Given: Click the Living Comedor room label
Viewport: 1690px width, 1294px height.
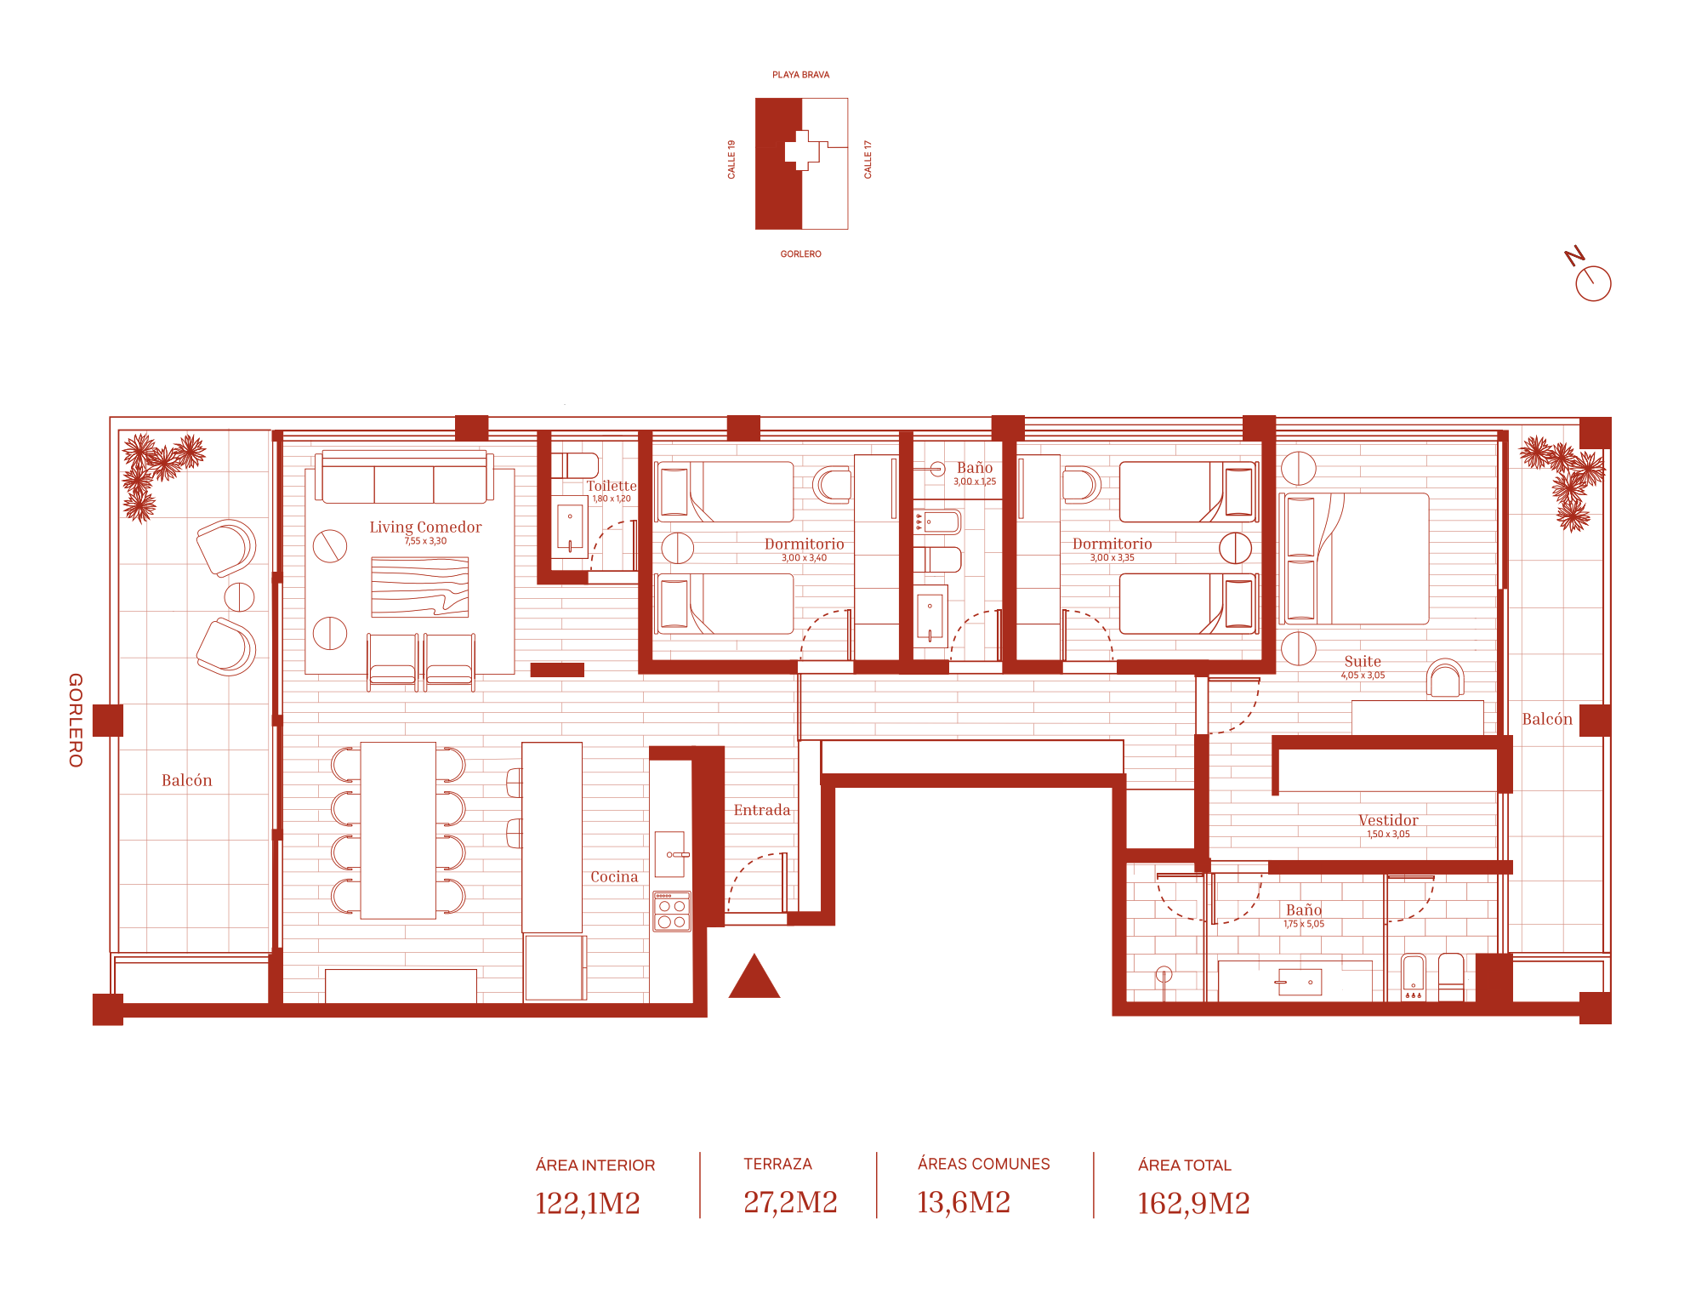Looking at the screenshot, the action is click(x=425, y=527).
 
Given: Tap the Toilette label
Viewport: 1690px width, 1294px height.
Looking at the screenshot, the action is click(x=612, y=486).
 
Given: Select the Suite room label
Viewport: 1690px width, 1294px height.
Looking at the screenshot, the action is click(x=1363, y=661).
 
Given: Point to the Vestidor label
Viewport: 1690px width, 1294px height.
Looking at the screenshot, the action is click(x=1388, y=820).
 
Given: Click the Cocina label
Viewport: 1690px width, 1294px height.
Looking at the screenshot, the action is click(x=614, y=876).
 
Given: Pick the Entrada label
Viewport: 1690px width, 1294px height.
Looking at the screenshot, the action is click(x=762, y=810).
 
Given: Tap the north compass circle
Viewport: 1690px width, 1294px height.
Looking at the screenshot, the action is click(x=1593, y=283).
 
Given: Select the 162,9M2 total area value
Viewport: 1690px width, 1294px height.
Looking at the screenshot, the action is click(x=1193, y=1203).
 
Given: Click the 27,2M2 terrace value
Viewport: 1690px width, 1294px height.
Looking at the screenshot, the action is click(x=790, y=1202).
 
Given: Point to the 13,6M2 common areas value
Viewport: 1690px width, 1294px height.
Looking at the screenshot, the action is click(x=964, y=1202).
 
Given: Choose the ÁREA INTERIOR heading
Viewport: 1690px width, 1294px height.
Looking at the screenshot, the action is click(x=595, y=1166).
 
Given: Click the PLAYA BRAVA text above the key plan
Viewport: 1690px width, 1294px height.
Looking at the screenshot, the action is click(x=801, y=75).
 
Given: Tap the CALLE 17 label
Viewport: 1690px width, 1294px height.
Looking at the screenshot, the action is click(x=868, y=159).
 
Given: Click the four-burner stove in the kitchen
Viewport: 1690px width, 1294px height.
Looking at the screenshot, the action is click(x=672, y=911).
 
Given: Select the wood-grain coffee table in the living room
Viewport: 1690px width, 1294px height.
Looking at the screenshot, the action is click(x=420, y=587).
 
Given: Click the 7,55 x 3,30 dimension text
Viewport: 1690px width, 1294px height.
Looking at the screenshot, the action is click(x=425, y=541).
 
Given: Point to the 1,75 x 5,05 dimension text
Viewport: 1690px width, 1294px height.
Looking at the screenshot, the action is click(x=1304, y=924).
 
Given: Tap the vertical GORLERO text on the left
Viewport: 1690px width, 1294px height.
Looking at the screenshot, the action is click(x=76, y=721).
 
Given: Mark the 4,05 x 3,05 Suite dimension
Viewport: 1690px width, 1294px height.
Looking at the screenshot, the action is click(x=1363, y=676).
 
